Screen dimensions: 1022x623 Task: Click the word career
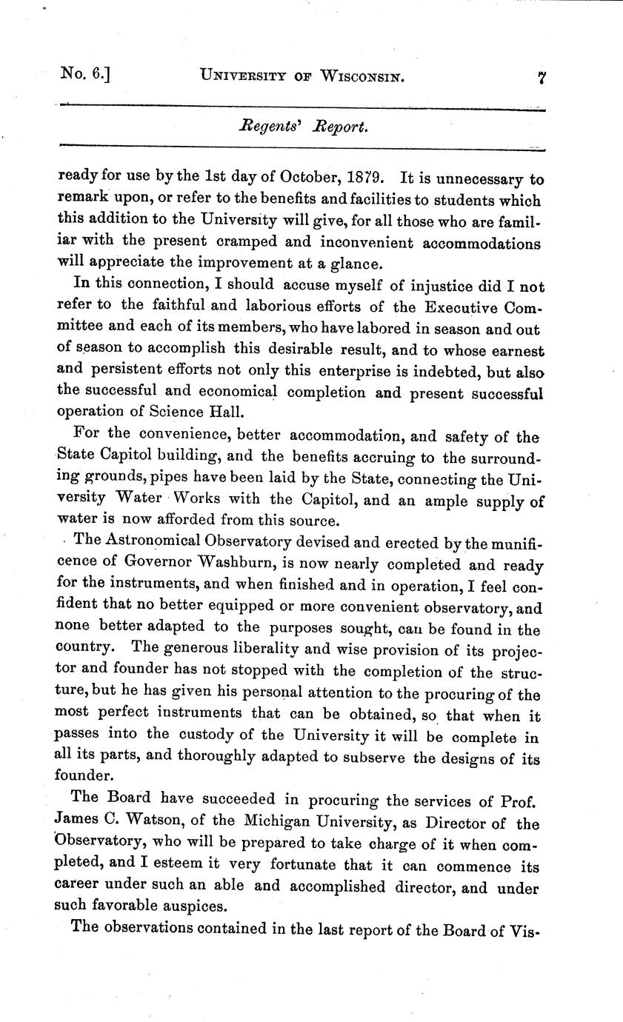tap(81, 887)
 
